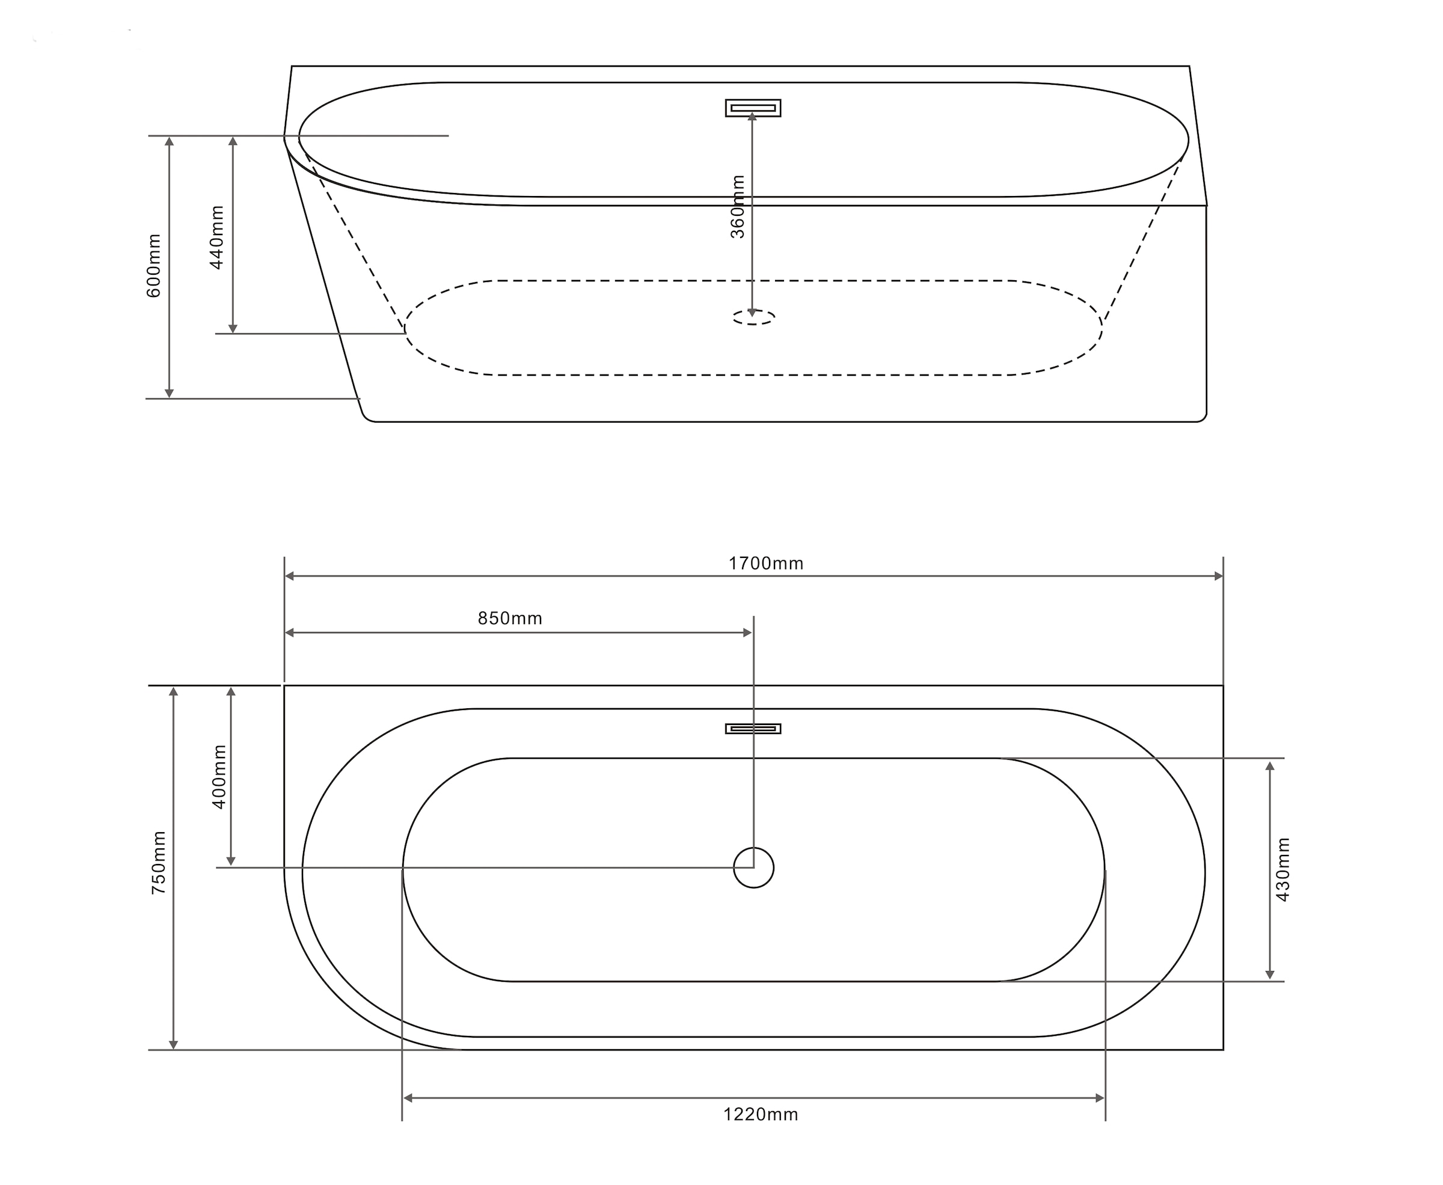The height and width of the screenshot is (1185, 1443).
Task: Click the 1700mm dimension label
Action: tap(765, 564)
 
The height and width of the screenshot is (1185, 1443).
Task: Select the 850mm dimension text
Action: tap(509, 619)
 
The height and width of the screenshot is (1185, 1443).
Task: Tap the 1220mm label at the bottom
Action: tap(761, 1115)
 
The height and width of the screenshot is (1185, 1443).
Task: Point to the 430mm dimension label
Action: tap(1282, 869)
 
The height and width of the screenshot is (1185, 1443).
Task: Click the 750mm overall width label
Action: tap(158, 863)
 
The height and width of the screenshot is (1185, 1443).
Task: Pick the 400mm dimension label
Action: tap(218, 777)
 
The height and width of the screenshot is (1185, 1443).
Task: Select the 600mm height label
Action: tap(155, 266)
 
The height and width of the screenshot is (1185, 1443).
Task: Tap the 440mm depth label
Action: tap(216, 237)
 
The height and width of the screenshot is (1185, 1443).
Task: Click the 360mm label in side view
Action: tap(738, 206)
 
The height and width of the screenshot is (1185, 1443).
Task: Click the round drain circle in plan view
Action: tap(753, 868)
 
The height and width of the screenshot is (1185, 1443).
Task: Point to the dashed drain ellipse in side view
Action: tap(753, 317)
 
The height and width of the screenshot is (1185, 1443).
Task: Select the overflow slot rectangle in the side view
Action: tap(752, 108)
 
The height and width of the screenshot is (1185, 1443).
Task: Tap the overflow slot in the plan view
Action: tap(752, 729)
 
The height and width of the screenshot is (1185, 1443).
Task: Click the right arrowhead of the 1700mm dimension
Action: tap(1218, 576)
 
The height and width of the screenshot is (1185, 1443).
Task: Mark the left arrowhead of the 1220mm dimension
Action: tap(408, 1098)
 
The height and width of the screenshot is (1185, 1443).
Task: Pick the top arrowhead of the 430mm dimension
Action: tap(1270, 766)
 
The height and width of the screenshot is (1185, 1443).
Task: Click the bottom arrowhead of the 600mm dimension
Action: tap(170, 393)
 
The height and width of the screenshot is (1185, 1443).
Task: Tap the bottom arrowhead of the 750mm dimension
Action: tap(173, 1045)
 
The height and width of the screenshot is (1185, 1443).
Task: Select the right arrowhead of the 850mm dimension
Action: tap(747, 632)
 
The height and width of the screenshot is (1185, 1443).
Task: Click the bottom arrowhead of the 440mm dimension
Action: tap(233, 328)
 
